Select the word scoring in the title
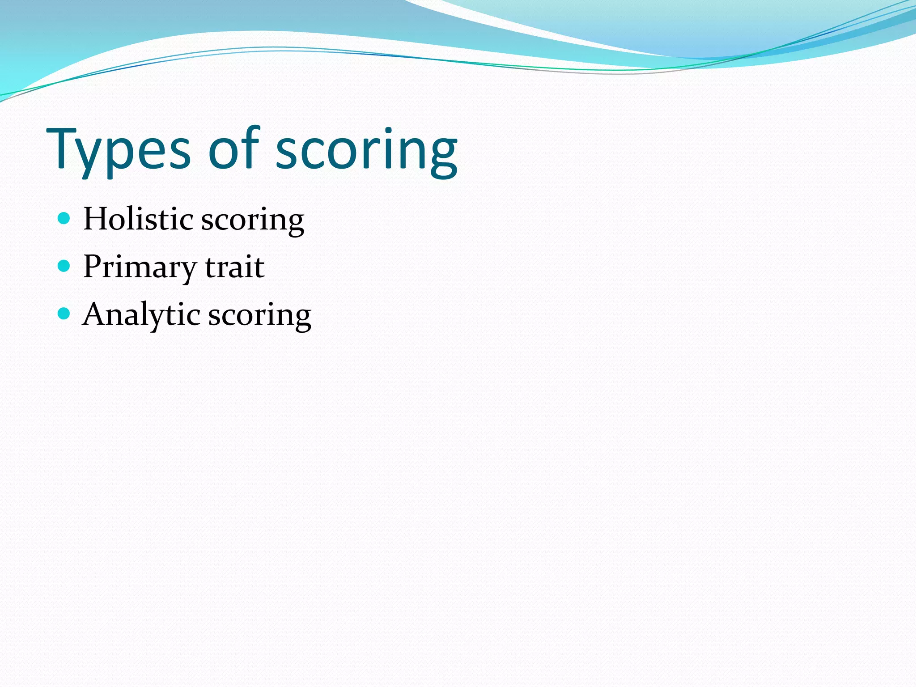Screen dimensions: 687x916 pyautogui.click(x=367, y=150)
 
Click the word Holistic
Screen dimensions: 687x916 pyautogui.click(x=139, y=219)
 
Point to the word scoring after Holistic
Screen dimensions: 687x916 pyautogui.click(x=253, y=221)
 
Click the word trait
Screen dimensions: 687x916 pyautogui.click(x=235, y=267)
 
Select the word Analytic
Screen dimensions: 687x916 pyautogui.click(x=141, y=315)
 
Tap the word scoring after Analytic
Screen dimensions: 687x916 pyautogui.click(x=260, y=316)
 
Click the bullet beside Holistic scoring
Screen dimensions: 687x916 pyautogui.click(x=64, y=218)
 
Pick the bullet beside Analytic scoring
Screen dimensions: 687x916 pyautogui.click(x=64, y=314)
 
